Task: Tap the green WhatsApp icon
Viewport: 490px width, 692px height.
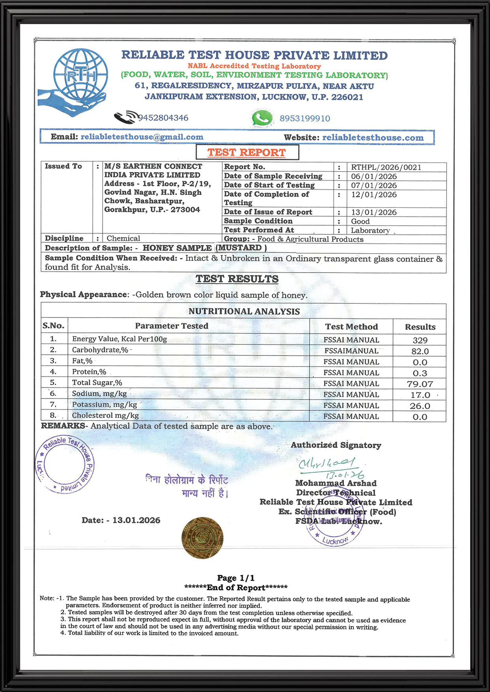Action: [262, 118]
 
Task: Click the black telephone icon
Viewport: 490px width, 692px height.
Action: [126, 117]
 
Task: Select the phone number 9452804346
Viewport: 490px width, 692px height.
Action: [163, 118]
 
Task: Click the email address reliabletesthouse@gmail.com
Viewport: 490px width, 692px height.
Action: [142, 137]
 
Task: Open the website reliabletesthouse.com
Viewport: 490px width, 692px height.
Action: [373, 138]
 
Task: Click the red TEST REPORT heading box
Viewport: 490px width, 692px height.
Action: [247, 152]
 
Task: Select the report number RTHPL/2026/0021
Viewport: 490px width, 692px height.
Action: [386, 167]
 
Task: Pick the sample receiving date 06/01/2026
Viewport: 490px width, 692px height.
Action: [374, 176]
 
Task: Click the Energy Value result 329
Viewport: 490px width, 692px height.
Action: [420, 340]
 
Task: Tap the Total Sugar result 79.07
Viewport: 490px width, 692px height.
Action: [420, 384]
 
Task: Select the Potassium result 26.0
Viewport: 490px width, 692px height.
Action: [420, 406]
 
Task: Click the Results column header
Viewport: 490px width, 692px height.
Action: [420, 327]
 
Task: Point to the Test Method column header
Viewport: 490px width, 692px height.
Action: [351, 327]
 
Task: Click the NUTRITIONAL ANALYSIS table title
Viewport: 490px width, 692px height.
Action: [244, 311]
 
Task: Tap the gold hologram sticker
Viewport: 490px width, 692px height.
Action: [202, 538]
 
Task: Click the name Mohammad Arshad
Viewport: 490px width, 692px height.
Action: [336, 483]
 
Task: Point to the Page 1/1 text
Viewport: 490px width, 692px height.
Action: [236, 578]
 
